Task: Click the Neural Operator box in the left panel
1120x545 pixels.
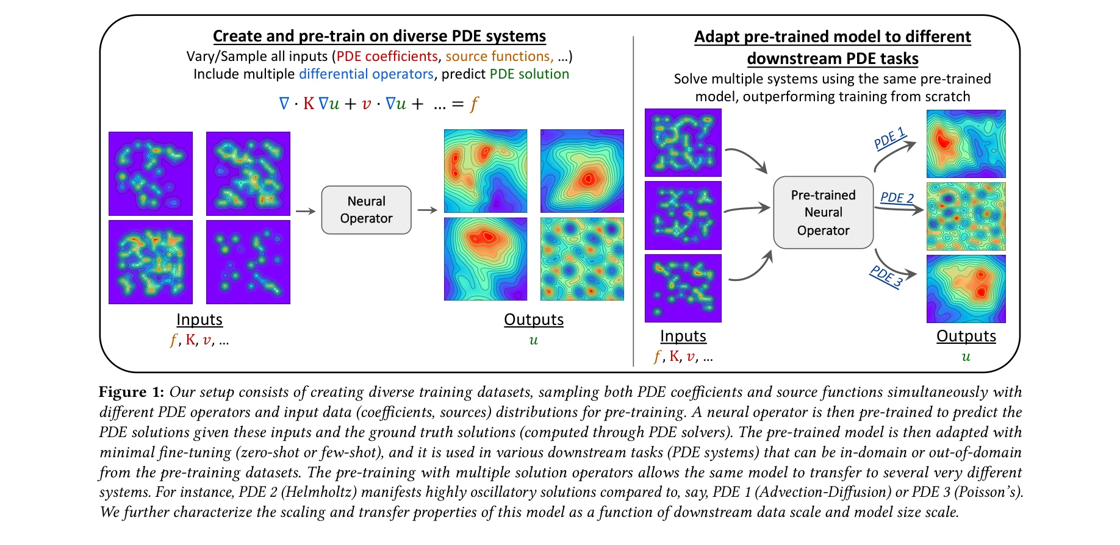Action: coord(366,210)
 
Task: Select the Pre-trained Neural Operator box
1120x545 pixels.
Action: coord(823,212)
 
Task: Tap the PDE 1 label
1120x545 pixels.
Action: coord(889,138)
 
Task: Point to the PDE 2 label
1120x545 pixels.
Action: coord(897,198)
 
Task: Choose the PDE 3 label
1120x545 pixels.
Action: coord(886,276)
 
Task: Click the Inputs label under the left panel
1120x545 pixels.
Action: coord(199,319)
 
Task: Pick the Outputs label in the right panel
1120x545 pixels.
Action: coord(966,336)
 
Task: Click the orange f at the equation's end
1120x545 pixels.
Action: coord(474,104)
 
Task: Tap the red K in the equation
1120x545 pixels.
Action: coord(309,104)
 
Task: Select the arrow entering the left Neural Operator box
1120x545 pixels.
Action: coord(305,211)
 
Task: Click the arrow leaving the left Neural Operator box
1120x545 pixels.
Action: coord(427,210)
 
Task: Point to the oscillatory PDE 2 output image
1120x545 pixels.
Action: coord(966,216)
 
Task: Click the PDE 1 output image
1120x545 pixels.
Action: coord(966,144)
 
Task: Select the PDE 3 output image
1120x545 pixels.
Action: coord(966,288)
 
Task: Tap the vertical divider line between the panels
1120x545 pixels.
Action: coord(634,201)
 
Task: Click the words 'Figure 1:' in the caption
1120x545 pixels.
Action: coord(131,392)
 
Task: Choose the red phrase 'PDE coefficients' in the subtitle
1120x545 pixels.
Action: coord(387,56)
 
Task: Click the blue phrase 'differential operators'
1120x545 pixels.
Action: coord(366,74)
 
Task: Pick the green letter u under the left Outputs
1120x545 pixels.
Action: coord(533,340)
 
